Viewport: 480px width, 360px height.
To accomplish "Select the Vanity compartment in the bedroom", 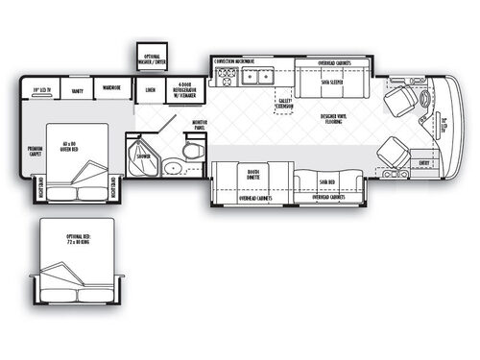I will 77,92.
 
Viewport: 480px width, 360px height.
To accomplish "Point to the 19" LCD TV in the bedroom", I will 40,91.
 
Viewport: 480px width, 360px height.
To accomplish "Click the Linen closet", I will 150,91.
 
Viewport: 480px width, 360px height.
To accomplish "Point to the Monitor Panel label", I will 200,125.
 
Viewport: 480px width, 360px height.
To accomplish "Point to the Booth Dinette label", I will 252,177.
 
